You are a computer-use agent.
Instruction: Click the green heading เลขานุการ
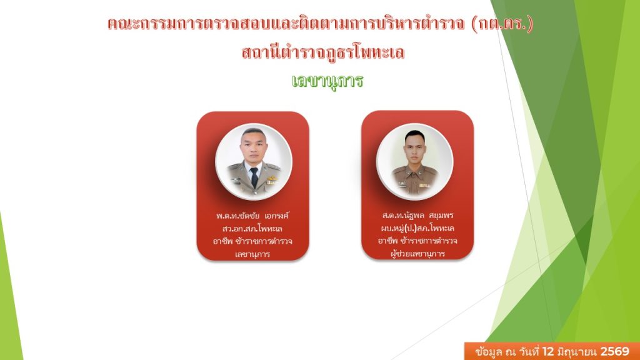[327, 81]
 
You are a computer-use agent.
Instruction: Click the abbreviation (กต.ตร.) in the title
[502, 24]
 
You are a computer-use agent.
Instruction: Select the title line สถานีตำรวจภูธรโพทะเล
[323, 52]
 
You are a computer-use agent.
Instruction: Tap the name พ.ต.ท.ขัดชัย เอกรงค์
[252, 216]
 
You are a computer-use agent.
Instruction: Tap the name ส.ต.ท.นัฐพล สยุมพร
[417, 215]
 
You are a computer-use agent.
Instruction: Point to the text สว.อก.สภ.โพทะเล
[252, 228]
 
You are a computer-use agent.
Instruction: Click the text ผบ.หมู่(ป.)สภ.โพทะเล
[417, 227]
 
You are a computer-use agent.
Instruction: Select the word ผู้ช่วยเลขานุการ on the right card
[417, 254]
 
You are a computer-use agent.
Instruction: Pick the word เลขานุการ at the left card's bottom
[252, 254]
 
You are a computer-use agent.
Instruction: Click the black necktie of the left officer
[254, 177]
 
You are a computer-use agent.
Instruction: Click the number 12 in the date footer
[547, 351]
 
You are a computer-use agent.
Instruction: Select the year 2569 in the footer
[615, 351]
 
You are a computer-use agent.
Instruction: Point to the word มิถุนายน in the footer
[577, 351]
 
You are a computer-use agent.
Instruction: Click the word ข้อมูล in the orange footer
[489, 351]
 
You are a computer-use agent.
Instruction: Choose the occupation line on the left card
[252, 241]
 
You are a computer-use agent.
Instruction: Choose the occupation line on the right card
[417, 241]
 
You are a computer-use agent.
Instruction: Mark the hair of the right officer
[415, 135]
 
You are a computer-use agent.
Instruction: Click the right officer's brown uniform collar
[415, 169]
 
